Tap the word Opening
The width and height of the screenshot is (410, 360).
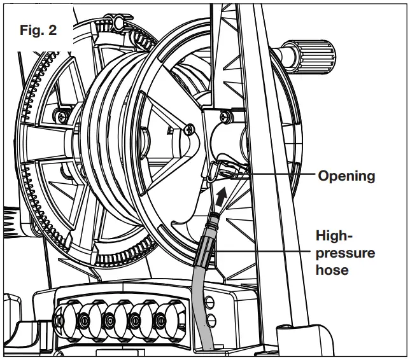click(x=347, y=176)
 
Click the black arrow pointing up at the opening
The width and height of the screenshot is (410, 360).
click(x=220, y=193)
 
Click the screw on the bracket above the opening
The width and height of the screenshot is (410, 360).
click(x=223, y=116)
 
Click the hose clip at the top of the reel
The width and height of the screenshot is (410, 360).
click(x=120, y=25)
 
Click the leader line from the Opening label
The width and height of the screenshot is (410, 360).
click(x=280, y=174)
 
